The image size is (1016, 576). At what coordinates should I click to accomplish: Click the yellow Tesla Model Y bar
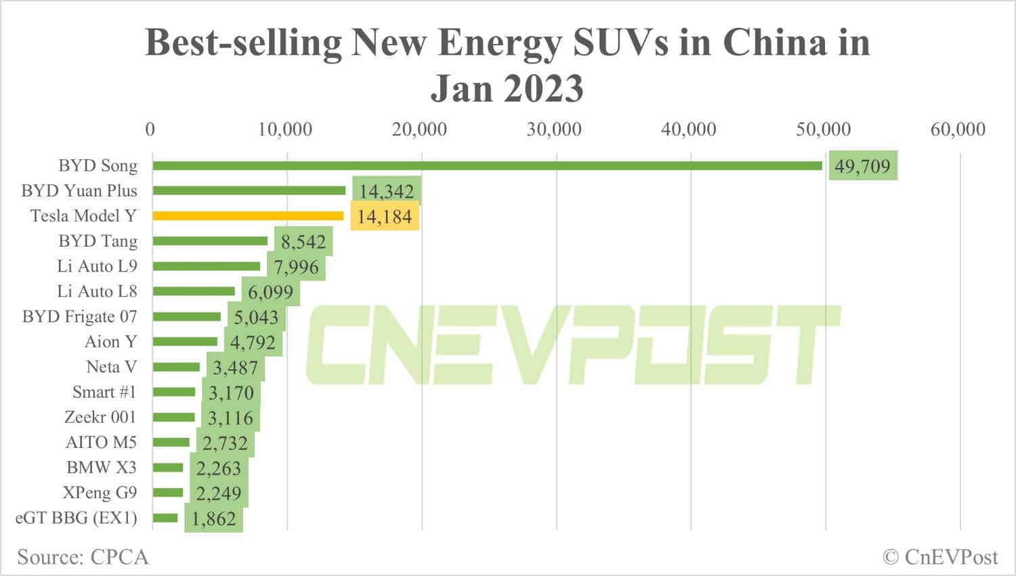point(248,216)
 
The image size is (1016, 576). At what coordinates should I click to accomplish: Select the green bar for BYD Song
point(487,165)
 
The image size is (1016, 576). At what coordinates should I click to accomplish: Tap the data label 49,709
point(862,166)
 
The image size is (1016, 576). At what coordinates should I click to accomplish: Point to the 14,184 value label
point(385,217)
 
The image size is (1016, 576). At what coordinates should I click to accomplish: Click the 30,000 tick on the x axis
point(554,129)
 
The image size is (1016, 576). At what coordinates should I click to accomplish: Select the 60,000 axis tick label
point(958,129)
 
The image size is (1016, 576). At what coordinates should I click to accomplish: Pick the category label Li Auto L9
point(97,266)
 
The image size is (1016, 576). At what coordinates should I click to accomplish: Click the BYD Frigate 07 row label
point(79,316)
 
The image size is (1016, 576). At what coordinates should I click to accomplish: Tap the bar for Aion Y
point(185,342)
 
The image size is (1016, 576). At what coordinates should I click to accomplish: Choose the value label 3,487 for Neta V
point(236,368)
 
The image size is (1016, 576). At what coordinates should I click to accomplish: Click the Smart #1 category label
point(104,392)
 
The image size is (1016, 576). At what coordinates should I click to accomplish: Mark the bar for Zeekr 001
point(174,417)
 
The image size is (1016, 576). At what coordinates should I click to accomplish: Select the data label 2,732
point(225,443)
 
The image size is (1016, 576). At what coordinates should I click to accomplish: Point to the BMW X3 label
point(102,468)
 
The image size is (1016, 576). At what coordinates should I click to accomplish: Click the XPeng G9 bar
point(168,493)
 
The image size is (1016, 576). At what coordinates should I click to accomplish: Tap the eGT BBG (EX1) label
point(76,518)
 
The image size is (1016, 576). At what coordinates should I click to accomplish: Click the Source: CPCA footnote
point(83,557)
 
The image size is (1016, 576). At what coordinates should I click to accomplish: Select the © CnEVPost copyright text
point(940,557)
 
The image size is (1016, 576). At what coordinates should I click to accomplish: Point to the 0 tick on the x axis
point(150,129)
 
